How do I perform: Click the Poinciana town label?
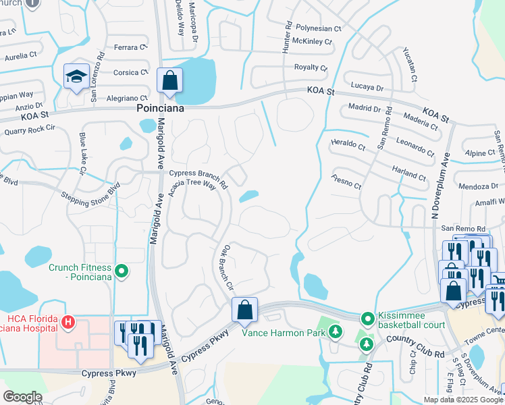click(161, 108)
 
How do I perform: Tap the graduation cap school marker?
click(76, 77)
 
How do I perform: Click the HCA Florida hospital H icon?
click(67, 323)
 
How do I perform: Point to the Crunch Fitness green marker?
click(122, 272)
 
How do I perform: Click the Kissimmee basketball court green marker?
click(367, 318)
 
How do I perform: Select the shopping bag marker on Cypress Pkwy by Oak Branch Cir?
click(245, 310)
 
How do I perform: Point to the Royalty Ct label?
click(311, 67)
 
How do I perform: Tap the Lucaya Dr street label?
click(367, 88)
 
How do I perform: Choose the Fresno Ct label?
click(347, 182)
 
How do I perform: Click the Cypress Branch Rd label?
click(198, 174)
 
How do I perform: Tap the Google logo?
click(23, 397)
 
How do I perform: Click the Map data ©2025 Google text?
click(462, 400)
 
